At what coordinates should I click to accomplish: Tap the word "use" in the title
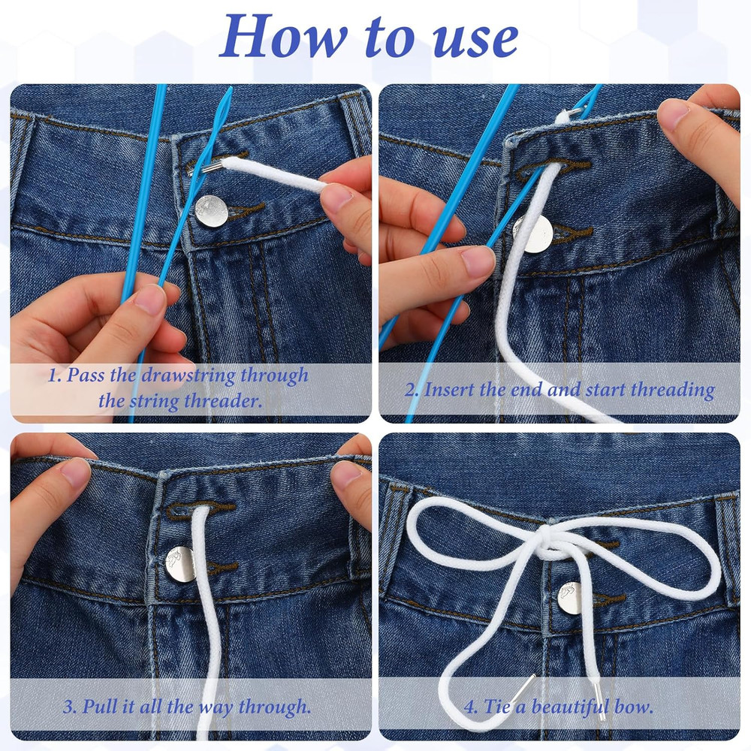[x=474, y=38]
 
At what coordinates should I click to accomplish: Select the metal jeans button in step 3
[x=180, y=563]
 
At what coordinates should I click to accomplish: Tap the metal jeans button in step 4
[x=570, y=598]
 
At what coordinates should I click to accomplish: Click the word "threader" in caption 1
[x=224, y=400]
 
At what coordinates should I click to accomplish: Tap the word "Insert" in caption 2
[x=450, y=389]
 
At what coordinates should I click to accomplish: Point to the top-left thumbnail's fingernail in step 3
[x=75, y=472]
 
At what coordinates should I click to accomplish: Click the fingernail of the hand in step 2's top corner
[x=674, y=113]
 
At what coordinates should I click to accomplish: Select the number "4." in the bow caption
[x=471, y=707]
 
